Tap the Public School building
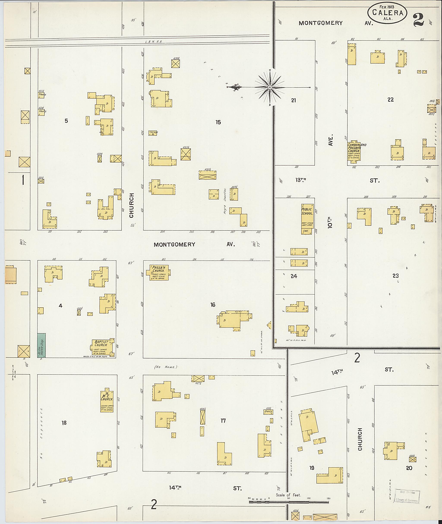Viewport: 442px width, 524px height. click(x=307, y=219)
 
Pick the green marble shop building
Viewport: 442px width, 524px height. click(x=42, y=345)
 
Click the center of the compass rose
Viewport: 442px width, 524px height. click(x=270, y=87)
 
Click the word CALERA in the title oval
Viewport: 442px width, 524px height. click(x=387, y=13)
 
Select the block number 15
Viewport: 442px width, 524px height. click(x=218, y=122)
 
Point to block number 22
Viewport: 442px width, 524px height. click(x=390, y=100)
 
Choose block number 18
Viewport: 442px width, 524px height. click(x=64, y=423)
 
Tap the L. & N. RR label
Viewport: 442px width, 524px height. click(x=154, y=42)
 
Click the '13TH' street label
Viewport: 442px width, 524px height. click(x=301, y=180)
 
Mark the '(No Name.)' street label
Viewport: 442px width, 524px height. click(x=166, y=367)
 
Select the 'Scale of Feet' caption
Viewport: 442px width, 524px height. click(x=288, y=495)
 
